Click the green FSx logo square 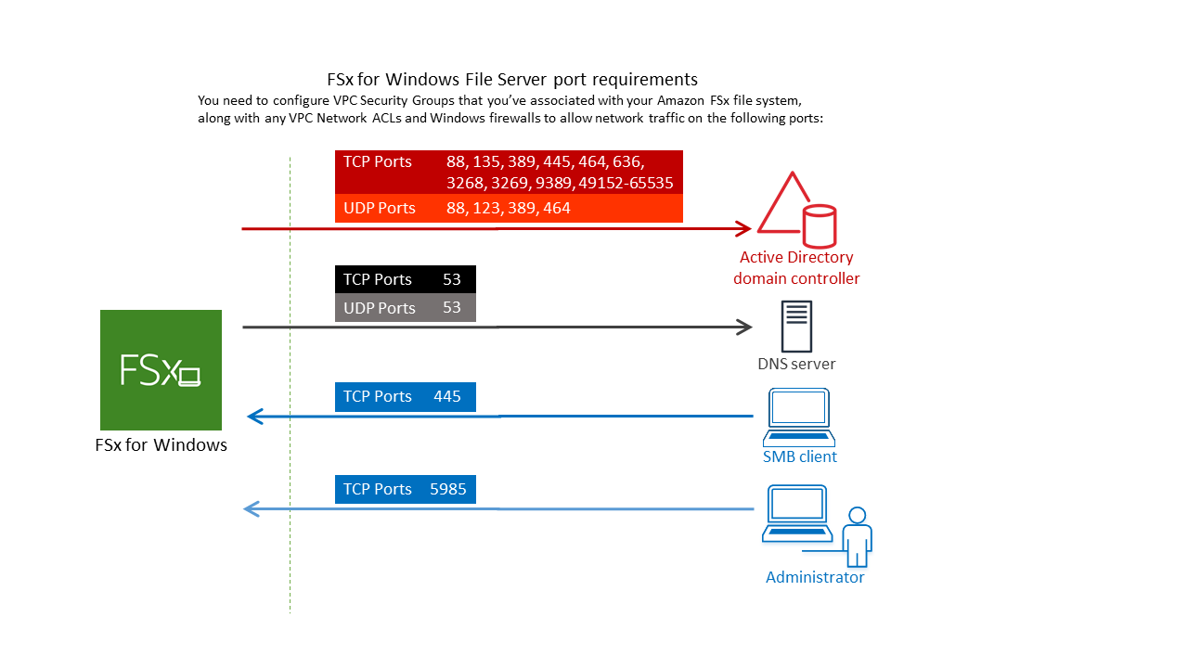(x=161, y=369)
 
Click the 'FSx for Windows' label (x=161, y=445)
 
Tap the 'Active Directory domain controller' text (x=796, y=267)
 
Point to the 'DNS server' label (x=796, y=364)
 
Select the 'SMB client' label (x=799, y=456)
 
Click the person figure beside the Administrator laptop (x=857, y=535)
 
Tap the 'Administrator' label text (x=815, y=577)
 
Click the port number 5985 (x=448, y=489)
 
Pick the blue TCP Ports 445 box (x=405, y=396)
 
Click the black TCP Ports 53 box (x=405, y=279)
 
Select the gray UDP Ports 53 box (x=405, y=307)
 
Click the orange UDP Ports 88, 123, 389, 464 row (x=509, y=208)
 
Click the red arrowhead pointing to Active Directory (x=742, y=227)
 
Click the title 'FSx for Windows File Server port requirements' (x=511, y=79)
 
